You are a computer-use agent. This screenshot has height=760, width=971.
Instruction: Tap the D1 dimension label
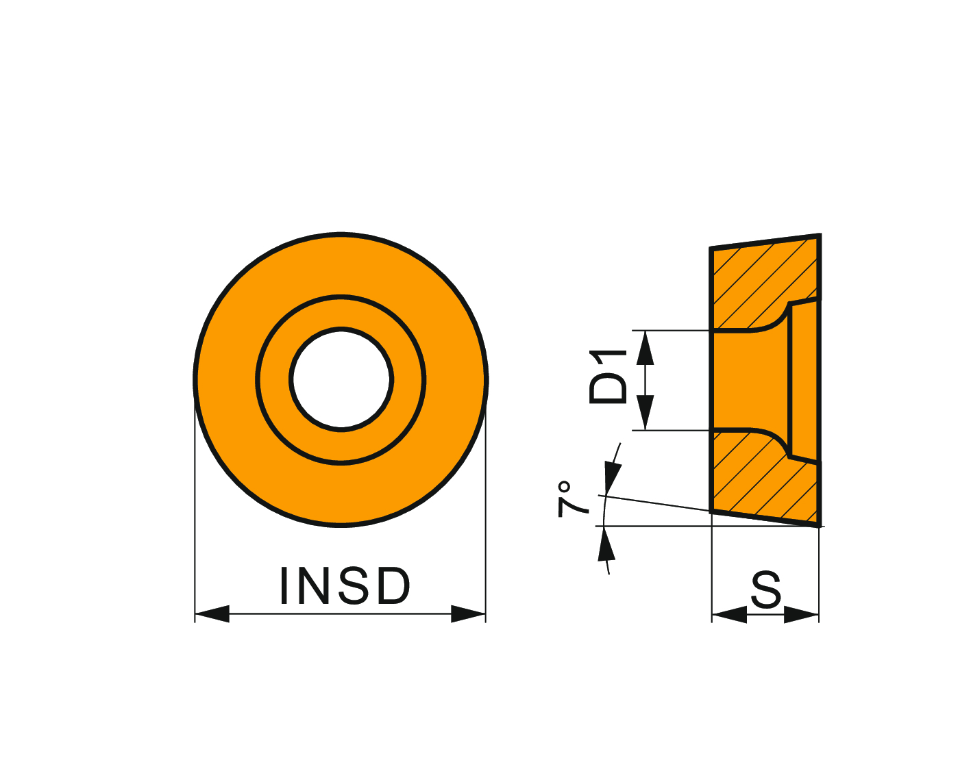tap(608, 377)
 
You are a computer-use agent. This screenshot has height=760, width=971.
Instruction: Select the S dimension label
tap(766, 590)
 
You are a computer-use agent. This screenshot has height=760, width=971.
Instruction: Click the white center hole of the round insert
tap(341, 380)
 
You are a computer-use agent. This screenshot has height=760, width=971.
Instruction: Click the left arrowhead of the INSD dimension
tap(212, 613)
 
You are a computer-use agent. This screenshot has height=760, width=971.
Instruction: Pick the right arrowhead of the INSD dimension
tap(468, 613)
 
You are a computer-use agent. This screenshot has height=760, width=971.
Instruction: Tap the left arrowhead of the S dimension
tap(729, 615)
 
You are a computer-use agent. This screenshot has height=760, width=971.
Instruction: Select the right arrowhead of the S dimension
tap(801, 615)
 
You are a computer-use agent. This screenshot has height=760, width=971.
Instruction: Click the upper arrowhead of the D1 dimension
tap(645, 349)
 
